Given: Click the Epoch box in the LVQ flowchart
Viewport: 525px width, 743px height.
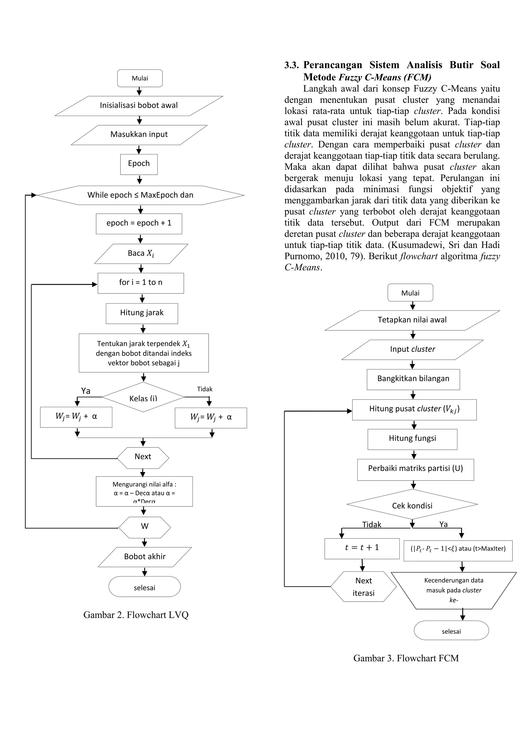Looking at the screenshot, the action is tap(139, 164).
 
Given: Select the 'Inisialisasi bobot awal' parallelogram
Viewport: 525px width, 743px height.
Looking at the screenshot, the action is tap(139, 106).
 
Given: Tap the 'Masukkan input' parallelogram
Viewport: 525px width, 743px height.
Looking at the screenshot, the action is tap(139, 135).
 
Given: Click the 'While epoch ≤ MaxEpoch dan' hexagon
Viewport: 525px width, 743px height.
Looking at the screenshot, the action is tap(140, 195).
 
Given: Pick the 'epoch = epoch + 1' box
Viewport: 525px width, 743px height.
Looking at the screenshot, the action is tap(139, 224).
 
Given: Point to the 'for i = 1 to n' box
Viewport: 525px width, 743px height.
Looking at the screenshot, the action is tap(141, 283).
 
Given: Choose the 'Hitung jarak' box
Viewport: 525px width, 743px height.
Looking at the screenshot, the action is tap(142, 313).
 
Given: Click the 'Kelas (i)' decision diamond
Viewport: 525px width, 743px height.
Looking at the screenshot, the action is tap(143, 397).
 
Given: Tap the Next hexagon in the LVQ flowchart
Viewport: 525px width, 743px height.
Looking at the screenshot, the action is tap(143, 458).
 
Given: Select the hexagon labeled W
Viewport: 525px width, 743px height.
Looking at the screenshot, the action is tap(145, 527).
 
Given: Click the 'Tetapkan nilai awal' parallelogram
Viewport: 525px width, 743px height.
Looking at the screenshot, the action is tap(412, 320).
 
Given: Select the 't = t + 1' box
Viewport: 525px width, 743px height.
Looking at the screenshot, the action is tap(362, 549).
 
